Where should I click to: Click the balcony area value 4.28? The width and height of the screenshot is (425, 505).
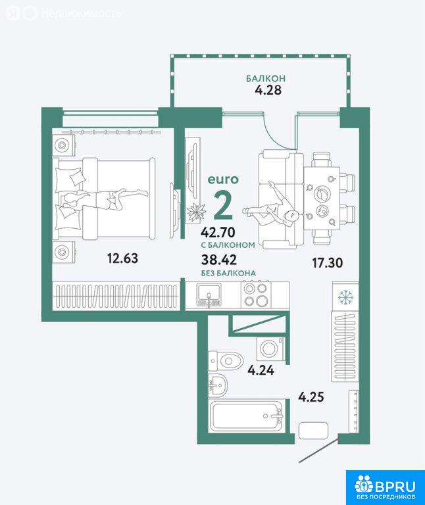pos(268,90)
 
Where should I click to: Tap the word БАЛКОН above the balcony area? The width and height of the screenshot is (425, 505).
pos(266,78)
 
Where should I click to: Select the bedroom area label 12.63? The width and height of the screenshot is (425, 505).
pos(122,258)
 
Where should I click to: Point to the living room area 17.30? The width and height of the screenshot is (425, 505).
pos(327,263)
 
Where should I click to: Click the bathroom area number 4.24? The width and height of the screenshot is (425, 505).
pos(261,370)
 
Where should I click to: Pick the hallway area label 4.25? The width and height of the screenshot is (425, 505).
pos(311,397)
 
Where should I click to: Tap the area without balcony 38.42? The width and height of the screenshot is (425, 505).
pos(219,259)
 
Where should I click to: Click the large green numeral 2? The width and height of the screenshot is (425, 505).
pos(223,206)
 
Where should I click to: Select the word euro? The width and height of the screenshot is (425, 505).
pos(223,180)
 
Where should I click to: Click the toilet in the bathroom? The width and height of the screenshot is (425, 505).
pos(225,360)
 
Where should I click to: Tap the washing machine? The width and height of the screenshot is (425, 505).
pos(270,349)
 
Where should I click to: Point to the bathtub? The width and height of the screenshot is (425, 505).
pos(247,416)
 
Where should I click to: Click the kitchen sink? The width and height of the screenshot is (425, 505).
pos(209,295)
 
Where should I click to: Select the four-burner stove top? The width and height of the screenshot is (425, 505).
pos(256,294)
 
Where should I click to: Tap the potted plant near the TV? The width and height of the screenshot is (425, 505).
pos(196,212)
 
